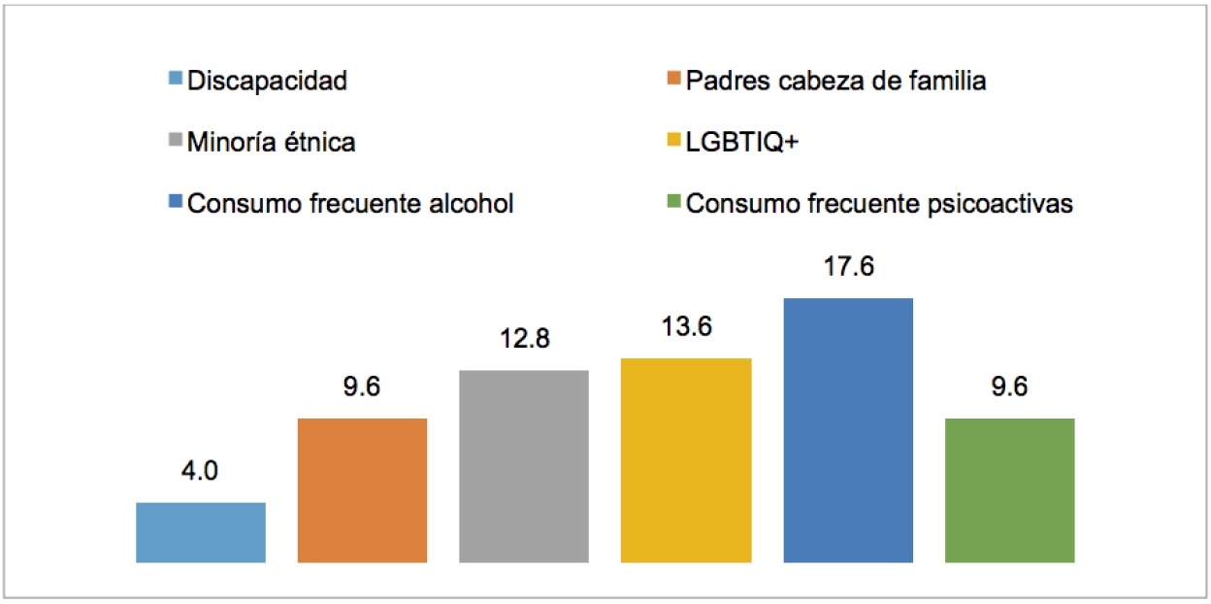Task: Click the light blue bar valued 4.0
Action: pos(201,532)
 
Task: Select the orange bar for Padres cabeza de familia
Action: pos(362,490)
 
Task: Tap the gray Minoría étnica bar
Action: pos(524,466)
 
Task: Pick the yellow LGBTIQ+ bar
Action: pos(686,460)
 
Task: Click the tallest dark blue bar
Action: pos(848,430)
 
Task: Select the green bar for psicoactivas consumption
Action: pos(1009,490)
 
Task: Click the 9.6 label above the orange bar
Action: pos(362,387)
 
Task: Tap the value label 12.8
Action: pos(524,340)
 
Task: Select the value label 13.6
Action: pos(686,327)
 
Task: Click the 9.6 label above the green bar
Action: pos(1009,387)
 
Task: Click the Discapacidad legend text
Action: pos(267,81)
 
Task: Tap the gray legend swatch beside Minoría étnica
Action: pos(175,143)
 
